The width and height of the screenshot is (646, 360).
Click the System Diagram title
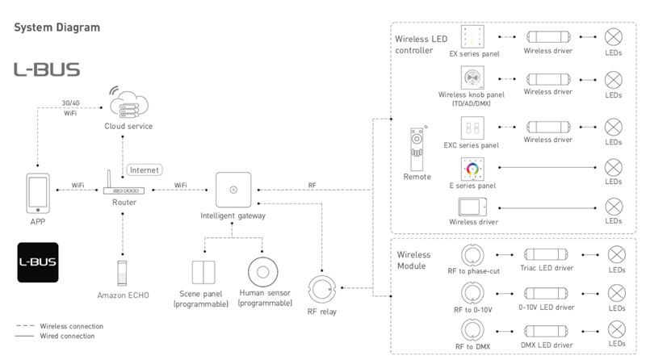(x=57, y=27)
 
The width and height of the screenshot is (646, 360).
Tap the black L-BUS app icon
(x=38, y=262)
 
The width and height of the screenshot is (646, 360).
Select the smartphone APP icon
(x=38, y=193)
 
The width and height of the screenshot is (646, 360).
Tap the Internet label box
(x=145, y=170)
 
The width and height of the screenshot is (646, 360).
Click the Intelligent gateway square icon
(x=233, y=190)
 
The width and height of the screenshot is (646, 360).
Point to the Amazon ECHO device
(x=122, y=273)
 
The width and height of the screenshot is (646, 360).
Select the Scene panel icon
(x=203, y=272)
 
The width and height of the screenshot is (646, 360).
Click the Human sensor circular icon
(x=263, y=272)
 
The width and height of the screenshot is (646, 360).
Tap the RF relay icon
(x=322, y=289)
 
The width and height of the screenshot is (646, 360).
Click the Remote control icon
(x=417, y=149)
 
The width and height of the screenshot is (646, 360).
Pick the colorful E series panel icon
(x=472, y=169)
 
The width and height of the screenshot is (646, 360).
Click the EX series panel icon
(x=472, y=36)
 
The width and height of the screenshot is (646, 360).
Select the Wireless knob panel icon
(x=472, y=77)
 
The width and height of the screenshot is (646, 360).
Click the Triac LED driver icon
(x=547, y=254)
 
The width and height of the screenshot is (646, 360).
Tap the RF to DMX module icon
(x=472, y=330)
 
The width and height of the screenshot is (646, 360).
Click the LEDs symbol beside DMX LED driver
(x=617, y=330)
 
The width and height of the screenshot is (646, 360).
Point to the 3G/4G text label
(x=70, y=103)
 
